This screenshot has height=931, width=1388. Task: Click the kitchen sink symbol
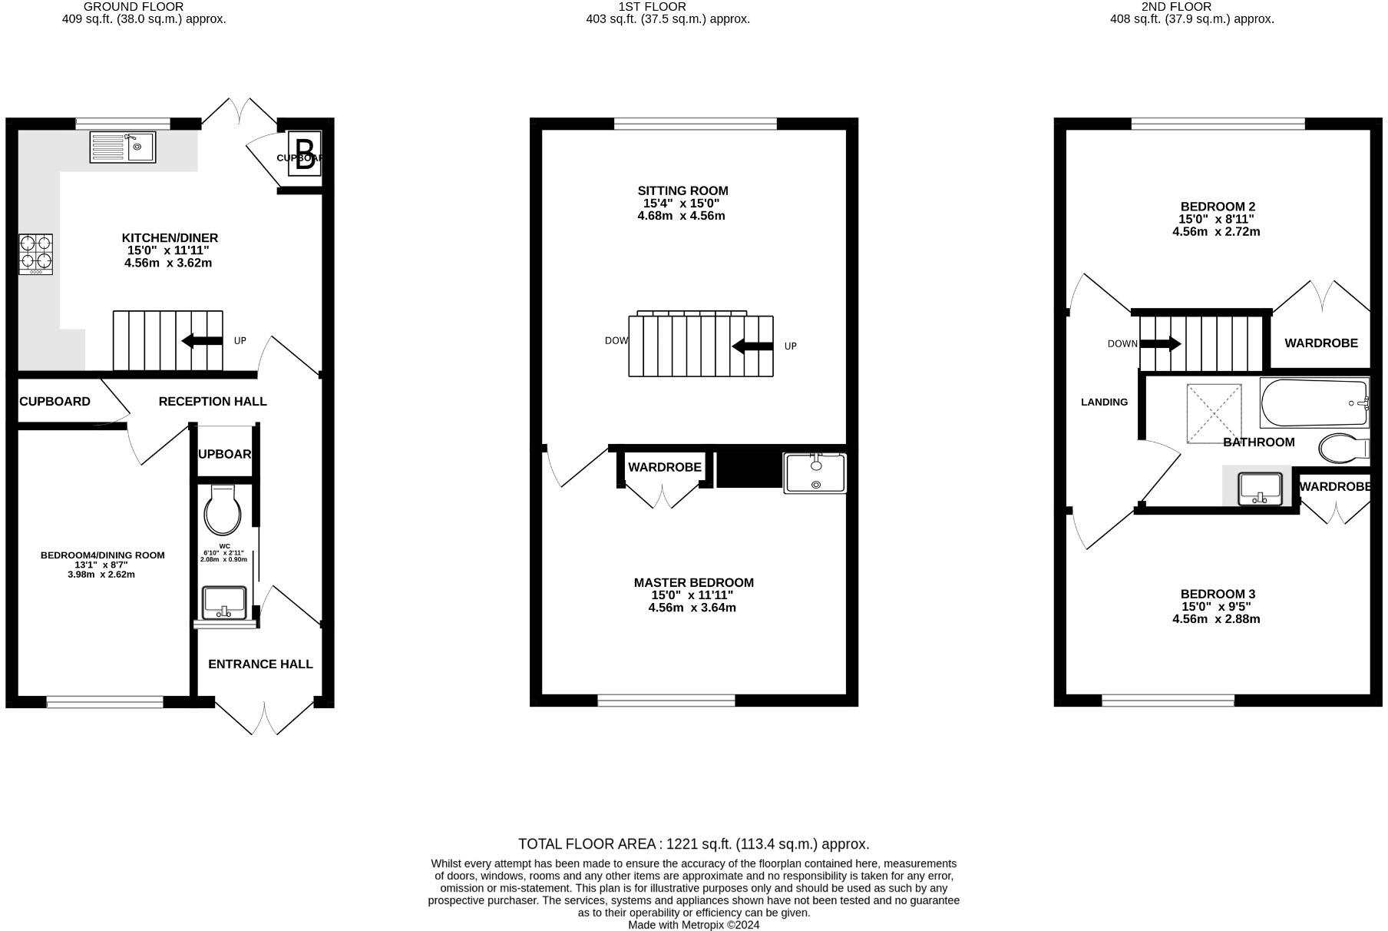[123, 147]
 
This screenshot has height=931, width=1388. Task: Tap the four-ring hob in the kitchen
[36, 254]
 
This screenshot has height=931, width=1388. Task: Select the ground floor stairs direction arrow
[202, 340]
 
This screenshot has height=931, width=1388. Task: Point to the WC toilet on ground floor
[223, 510]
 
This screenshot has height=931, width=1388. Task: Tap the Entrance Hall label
[260, 664]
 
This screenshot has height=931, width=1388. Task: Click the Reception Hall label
[213, 401]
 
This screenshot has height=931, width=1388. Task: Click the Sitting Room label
[682, 191]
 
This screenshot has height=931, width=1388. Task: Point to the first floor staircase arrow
[752, 346]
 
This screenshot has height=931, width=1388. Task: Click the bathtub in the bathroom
[1314, 403]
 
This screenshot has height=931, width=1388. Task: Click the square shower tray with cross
[1214, 413]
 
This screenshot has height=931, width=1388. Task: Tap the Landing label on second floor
[1104, 402]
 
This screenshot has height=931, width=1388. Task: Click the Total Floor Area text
[693, 844]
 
